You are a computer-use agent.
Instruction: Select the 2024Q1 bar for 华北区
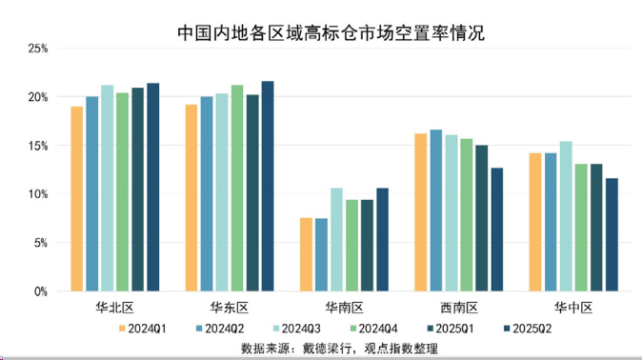(x=77, y=199)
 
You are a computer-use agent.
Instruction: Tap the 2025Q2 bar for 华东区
(x=268, y=187)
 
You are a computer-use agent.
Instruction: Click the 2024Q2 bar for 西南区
(x=436, y=210)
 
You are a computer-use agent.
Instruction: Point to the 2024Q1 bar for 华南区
(x=306, y=254)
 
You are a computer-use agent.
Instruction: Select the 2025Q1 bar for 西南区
(x=482, y=218)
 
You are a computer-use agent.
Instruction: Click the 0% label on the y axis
(x=40, y=291)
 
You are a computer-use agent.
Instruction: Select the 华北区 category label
(x=114, y=307)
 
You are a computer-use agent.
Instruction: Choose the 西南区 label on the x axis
(x=459, y=307)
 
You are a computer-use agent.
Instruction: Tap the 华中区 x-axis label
(x=573, y=307)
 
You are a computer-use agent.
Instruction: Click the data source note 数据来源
(x=339, y=347)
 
